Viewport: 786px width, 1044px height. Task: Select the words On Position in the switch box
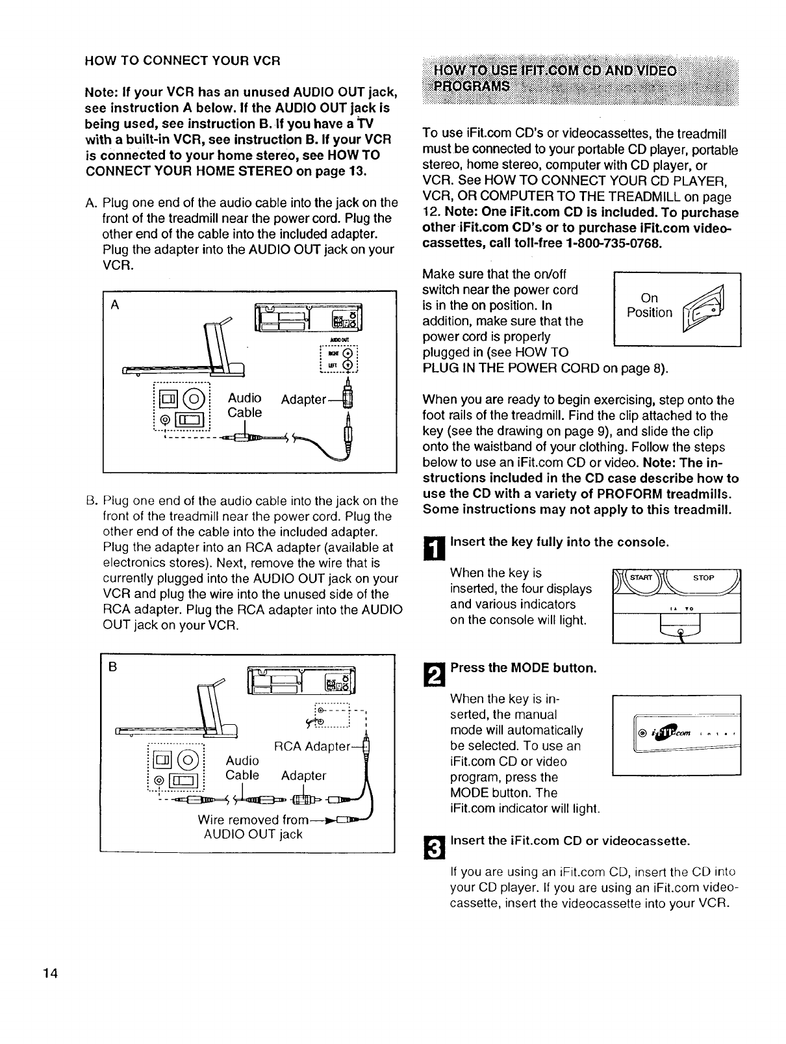[649, 306]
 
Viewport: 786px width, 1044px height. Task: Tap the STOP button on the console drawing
[704, 577]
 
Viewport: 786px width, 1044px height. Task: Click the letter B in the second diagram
[113, 666]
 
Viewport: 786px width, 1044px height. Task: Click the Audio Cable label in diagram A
[244, 406]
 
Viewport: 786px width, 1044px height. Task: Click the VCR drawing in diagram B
[301, 683]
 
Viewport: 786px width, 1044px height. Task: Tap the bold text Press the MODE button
[523, 668]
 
